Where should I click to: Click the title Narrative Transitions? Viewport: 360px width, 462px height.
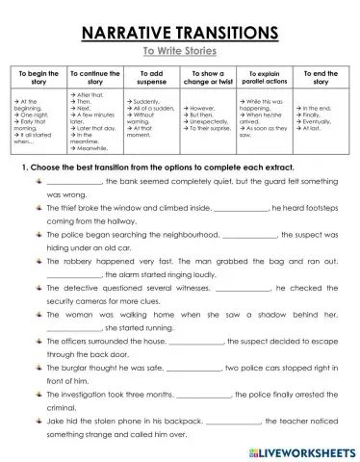[x=180, y=32]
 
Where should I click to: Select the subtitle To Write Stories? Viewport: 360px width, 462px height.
[x=180, y=51]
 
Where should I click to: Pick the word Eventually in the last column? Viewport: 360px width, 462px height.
[x=324, y=121]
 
